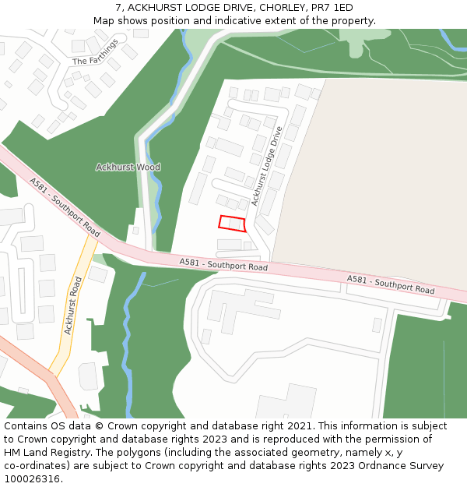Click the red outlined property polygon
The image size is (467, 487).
pos(232,224)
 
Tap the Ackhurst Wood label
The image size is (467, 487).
pos(128,167)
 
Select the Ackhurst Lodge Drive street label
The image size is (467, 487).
pos(265,167)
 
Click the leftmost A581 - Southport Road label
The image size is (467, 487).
pos(65,207)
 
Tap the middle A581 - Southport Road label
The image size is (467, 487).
pos(223,265)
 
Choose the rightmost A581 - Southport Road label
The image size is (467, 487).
pos(391,284)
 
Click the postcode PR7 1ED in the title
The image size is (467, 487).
pos(332,8)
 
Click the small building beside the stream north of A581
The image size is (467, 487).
pos(135,231)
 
